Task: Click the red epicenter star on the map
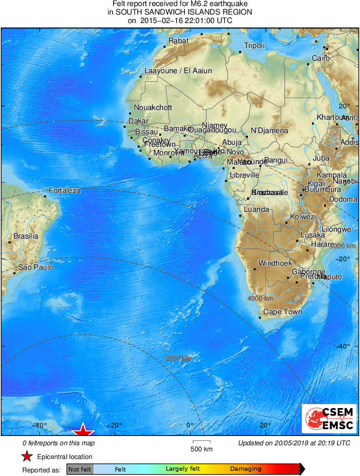[x=83, y=430]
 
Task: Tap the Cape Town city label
[x=282, y=312]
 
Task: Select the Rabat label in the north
[x=178, y=40]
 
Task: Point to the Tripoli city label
[x=254, y=46]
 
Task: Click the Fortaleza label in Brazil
[x=64, y=190]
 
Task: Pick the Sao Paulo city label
[x=36, y=267]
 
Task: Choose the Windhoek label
[x=275, y=263]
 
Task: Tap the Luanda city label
[x=256, y=209]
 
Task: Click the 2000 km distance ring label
[x=178, y=358]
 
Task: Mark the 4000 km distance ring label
[x=260, y=298]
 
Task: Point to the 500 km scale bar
[x=201, y=442]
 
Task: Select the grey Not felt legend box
[x=80, y=470]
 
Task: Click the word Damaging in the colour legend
[x=246, y=469]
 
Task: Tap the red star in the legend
[x=27, y=457]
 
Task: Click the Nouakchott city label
[x=153, y=108]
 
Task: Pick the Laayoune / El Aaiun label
[x=178, y=71]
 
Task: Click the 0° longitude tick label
[x=190, y=425]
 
